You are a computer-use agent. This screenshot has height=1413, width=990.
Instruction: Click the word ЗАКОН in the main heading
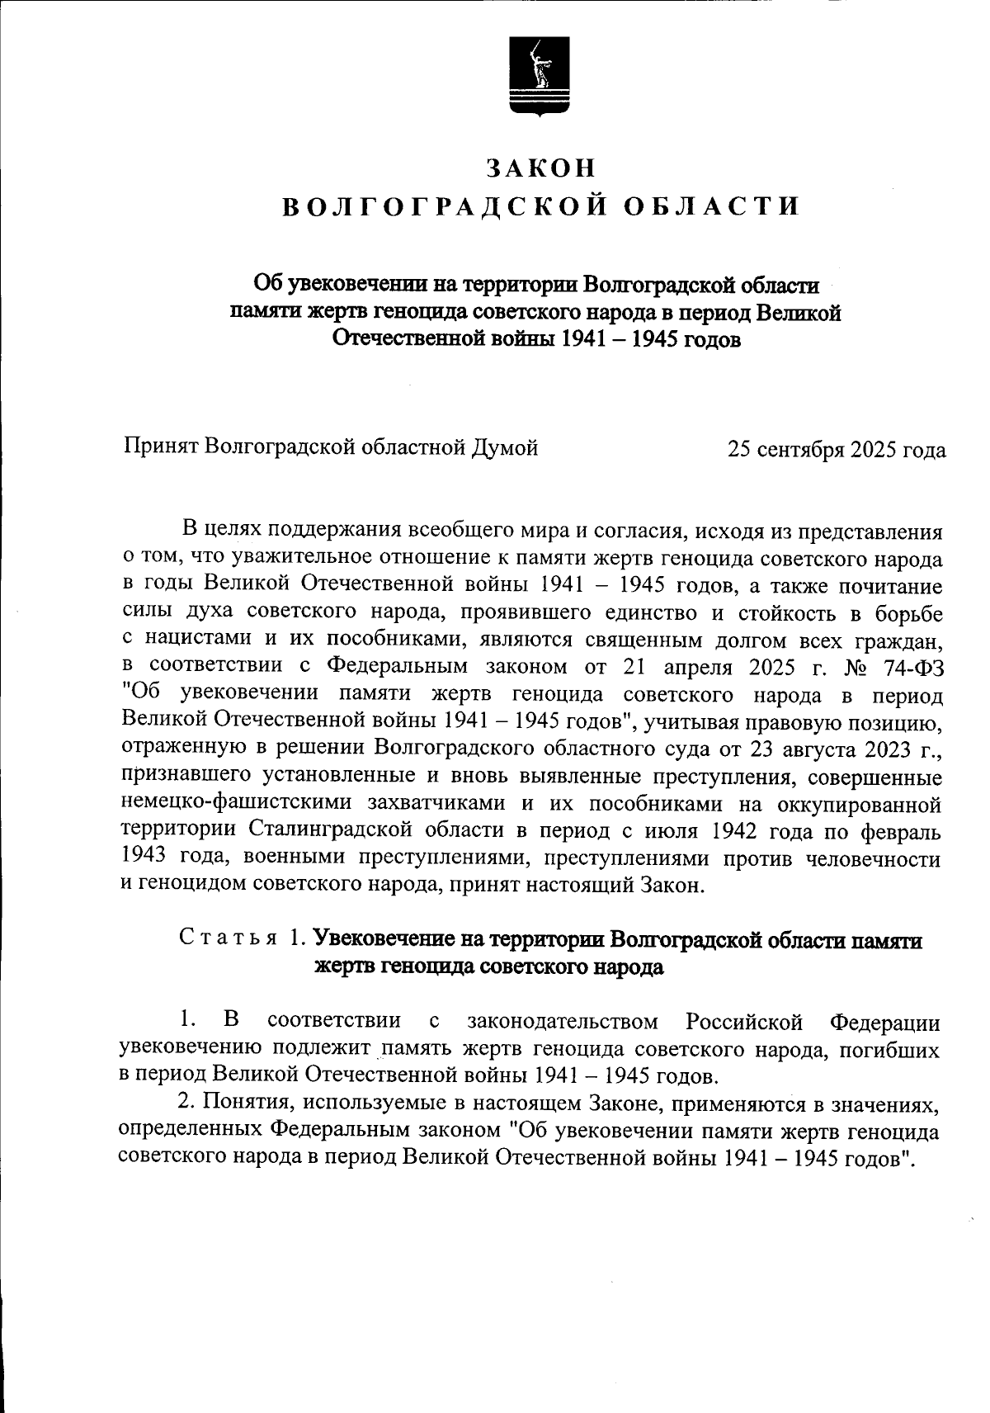(540, 168)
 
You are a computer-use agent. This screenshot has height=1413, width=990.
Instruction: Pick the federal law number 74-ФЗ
(905, 666)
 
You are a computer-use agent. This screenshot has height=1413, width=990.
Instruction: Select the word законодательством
(563, 1022)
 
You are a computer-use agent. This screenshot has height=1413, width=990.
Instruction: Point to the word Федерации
(884, 1022)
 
